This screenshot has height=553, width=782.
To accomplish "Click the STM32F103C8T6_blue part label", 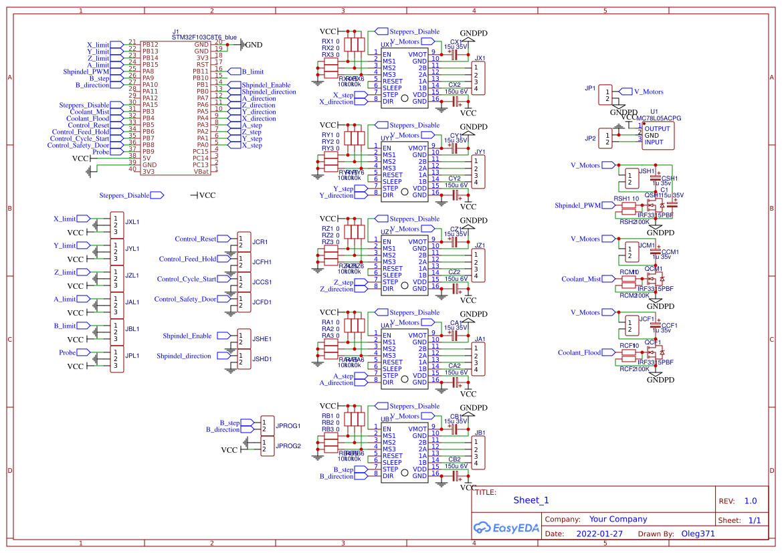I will coord(204,37).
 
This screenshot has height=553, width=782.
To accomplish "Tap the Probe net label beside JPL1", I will coord(67,352).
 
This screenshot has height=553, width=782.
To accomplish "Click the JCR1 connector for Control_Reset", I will coord(244,242).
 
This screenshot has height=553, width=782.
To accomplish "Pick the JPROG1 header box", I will coord(267,426).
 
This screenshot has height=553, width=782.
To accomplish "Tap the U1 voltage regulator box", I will coord(658,135).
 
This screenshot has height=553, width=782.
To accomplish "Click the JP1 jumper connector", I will coord(605,95).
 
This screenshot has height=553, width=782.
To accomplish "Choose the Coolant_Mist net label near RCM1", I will coord(581,279).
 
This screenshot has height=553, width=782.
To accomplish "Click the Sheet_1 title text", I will coord(530,500).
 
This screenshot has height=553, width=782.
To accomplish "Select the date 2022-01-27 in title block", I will coord(599,534).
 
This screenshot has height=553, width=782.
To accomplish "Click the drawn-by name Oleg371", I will coord(698,534).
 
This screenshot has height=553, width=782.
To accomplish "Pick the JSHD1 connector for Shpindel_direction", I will coord(244,359).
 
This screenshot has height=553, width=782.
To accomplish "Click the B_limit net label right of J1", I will coord(252,71).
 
